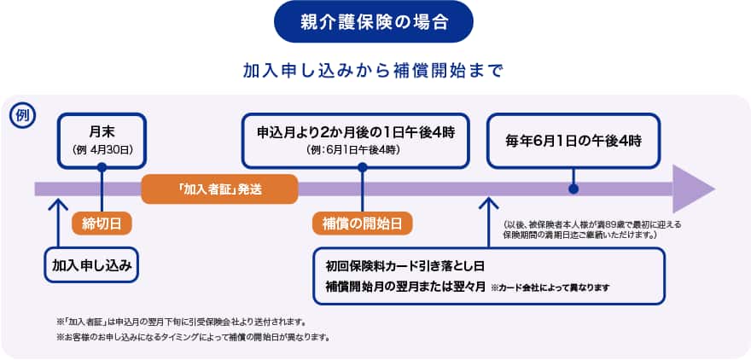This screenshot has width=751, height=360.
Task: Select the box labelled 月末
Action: [102, 140]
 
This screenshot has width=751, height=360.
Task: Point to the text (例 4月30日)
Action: [102, 149]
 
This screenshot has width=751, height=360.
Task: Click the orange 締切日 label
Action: [102, 223]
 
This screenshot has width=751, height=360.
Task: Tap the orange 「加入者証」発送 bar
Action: [219, 189]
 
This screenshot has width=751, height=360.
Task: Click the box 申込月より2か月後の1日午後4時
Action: [356, 140]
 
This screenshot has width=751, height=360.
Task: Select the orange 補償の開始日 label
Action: [362, 223]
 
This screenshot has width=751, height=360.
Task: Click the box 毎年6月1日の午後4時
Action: [573, 140]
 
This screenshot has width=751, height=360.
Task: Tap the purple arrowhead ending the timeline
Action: [693, 189]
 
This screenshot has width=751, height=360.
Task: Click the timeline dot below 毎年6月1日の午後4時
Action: [573, 189]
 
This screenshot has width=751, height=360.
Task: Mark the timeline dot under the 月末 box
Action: [102, 167]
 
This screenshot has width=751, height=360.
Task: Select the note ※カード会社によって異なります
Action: [550, 287]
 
